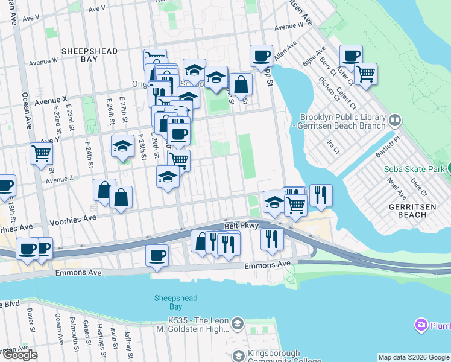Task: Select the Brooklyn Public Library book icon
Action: (x=395, y=120)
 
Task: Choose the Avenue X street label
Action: (x=51, y=100)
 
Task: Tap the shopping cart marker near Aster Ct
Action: (x=365, y=74)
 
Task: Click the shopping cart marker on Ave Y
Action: (x=41, y=153)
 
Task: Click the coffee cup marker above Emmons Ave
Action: (x=157, y=255)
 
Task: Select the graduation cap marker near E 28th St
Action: (x=123, y=147)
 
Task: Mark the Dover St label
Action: (x=30, y=316)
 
